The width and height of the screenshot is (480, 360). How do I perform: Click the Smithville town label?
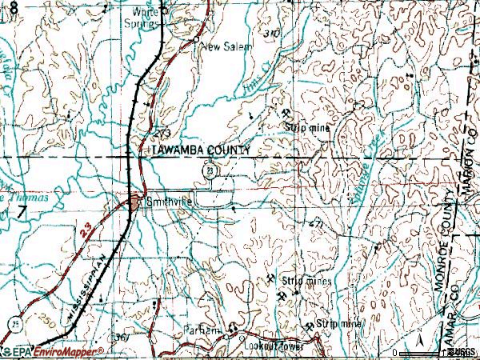coord(170,204)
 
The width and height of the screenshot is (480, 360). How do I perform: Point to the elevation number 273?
coord(163,132)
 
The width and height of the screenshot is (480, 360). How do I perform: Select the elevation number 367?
coord(122,336)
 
